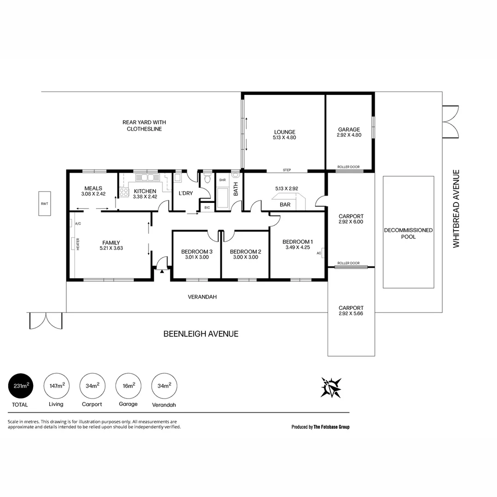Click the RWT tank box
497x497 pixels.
45,203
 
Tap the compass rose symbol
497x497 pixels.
331,387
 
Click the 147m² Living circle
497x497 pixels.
57,386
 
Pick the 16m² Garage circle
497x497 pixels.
128,386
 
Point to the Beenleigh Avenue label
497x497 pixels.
201,334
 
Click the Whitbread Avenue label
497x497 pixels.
456,208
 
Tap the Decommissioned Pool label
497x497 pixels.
408,233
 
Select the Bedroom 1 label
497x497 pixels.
298,242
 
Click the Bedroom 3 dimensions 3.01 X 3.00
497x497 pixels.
197,257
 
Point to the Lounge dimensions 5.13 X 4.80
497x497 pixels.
284,137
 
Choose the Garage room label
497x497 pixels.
349,130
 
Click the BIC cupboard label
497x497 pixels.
207,208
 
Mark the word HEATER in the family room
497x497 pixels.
78,243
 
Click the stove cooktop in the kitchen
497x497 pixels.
124,192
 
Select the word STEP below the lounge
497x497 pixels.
287,170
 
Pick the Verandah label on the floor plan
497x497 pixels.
202,297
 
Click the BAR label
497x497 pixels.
285,204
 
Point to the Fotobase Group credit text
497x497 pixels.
320,427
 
